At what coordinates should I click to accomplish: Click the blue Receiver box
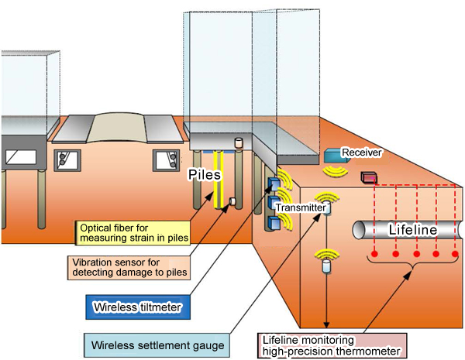point(335,155)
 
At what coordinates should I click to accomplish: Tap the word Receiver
point(361,153)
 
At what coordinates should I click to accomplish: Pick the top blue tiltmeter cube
point(274,184)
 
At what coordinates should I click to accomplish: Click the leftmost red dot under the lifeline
point(374,253)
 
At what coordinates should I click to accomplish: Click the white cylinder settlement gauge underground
point(325,266)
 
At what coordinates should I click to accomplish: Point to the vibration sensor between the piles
point(230,203)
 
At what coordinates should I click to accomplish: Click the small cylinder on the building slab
point(239,142)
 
